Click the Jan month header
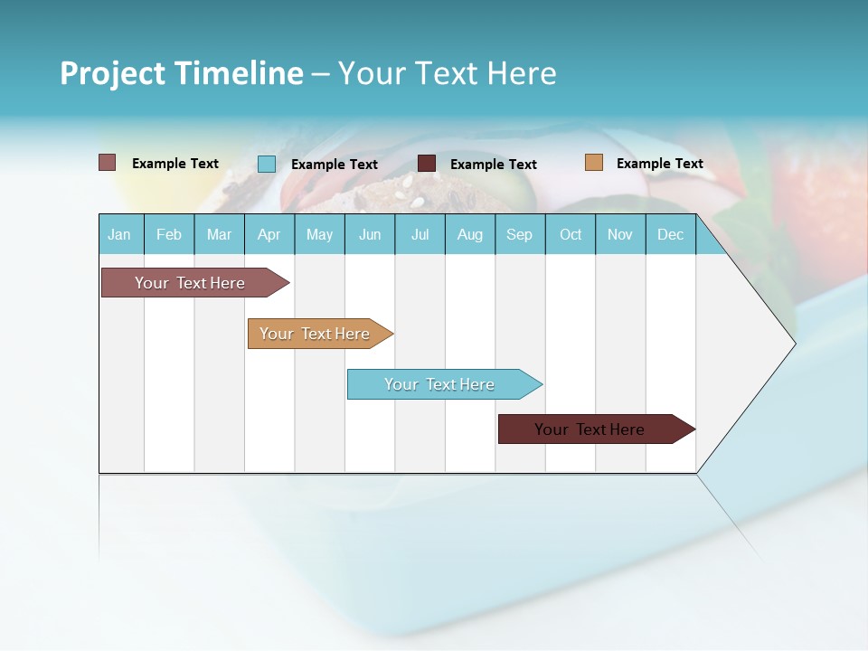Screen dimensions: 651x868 (x=120, y=235)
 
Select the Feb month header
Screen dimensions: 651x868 (x=169, y=235)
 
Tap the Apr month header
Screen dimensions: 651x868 (x=269, y=235)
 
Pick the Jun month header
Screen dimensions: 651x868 (x=370, y=235)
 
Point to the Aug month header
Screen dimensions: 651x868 (x=469, y=235)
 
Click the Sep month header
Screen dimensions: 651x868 (x=519, y=235)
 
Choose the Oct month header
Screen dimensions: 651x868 (x=571, y=235)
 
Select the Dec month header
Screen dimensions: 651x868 (x=670, y=235)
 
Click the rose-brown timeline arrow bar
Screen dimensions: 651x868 (x=190, y=283)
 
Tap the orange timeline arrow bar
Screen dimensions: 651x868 (x=315, y=334)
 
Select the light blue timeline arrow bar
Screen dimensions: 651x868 (x=439, y=384)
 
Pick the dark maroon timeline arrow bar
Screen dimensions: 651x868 (x=590, y=429)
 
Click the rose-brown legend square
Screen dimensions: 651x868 (x=108, y=163)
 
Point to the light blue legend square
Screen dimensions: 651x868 (x=267, y=164)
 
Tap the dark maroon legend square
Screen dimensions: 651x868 (x=427, y=164)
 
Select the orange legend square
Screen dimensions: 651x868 (x=593, y=163)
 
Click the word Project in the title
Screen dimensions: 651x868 (x=112, y=73)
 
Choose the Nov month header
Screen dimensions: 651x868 (x=620, y=235)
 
